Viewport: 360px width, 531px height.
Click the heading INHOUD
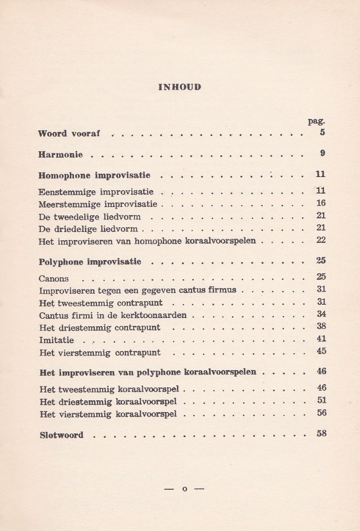180,87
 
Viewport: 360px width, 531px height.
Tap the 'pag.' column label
317,121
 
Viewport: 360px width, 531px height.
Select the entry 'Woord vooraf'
69,133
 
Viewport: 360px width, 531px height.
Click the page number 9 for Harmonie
323,153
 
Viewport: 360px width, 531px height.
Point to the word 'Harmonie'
60,154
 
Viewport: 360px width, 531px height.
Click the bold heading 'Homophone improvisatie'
94,175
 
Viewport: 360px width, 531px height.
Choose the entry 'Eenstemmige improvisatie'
96,191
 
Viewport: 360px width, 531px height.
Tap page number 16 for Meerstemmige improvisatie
321,203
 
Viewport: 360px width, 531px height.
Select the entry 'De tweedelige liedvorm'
90,216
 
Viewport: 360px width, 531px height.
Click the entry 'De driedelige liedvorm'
89,229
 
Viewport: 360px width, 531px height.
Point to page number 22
321,240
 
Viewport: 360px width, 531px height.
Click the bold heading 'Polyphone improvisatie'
90,262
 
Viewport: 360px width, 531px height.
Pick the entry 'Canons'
54,279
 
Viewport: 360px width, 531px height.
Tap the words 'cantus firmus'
211,290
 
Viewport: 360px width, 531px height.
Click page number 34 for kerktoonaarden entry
321,314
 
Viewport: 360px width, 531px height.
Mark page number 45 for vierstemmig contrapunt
321,351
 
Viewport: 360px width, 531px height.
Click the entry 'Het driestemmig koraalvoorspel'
108,402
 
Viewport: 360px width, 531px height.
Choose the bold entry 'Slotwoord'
61,435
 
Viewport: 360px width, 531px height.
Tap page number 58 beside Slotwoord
321,434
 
